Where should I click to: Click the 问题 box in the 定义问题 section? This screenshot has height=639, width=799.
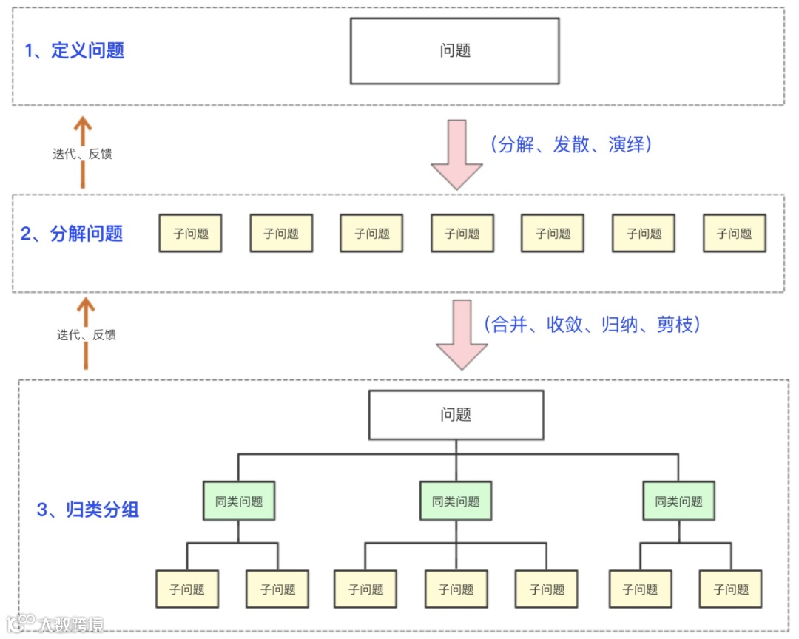tap(454, 51)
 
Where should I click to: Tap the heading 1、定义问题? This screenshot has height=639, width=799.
tap(75, 51)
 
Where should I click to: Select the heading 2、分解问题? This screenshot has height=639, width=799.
tap(72, 234)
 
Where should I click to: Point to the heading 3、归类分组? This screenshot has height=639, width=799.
tap(88, 510)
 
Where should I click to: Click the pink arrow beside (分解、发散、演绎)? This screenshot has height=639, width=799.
tap(457, 154)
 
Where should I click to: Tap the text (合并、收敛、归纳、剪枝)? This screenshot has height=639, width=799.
tap(591, 325)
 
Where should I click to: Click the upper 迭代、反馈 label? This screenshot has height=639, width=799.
tap(82, 155)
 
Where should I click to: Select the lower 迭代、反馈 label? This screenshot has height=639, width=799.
tap(87, 334)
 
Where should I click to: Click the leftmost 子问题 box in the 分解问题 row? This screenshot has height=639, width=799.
tap(191, 234)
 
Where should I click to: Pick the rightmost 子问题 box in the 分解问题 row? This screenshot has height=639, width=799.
tap(734, 234)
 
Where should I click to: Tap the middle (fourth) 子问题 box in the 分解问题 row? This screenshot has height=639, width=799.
tap(462, 234)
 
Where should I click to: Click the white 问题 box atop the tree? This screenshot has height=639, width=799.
tap(456, 414)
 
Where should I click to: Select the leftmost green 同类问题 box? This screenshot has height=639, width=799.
tap(239, 501)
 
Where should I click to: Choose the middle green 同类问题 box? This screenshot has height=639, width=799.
tap(456, 501)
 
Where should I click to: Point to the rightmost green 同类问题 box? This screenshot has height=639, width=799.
tap(678, 501)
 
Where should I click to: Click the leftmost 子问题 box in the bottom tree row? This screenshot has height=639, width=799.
tap(186, 589)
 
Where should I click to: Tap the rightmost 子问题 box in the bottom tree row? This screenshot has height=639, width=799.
tap(731, 589)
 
